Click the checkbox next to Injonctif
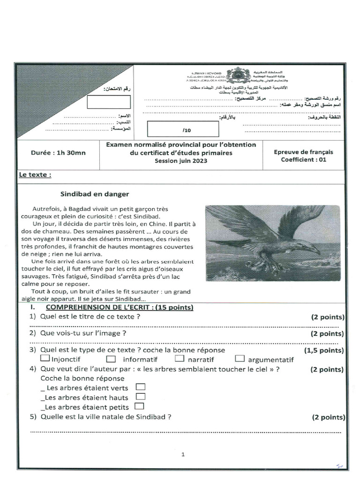click(x=45, y=359)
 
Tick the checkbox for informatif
click(x=111, y=360)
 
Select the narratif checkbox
click(x=180, y=359)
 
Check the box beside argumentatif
click(x=240, y=359)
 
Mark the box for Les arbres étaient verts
click(x=140, y=387)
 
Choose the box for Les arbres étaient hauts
click(x=140, y=397)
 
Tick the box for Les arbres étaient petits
click(x=139, y=406)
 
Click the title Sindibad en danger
click(x=94, y=194)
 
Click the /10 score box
click(x=183, y=128)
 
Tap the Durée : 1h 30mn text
click(x=58, y=152)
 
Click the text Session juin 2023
click(x=180, y=160)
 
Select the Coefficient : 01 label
click(x=303, y=159)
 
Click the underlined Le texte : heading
click(x=35, y=175)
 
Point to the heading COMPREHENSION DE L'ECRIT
click(x=119, y=307)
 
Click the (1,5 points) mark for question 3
click(x=323, y=350)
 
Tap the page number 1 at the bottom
click(x=183, y=454)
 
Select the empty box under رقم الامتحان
click(x=109, y=102)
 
